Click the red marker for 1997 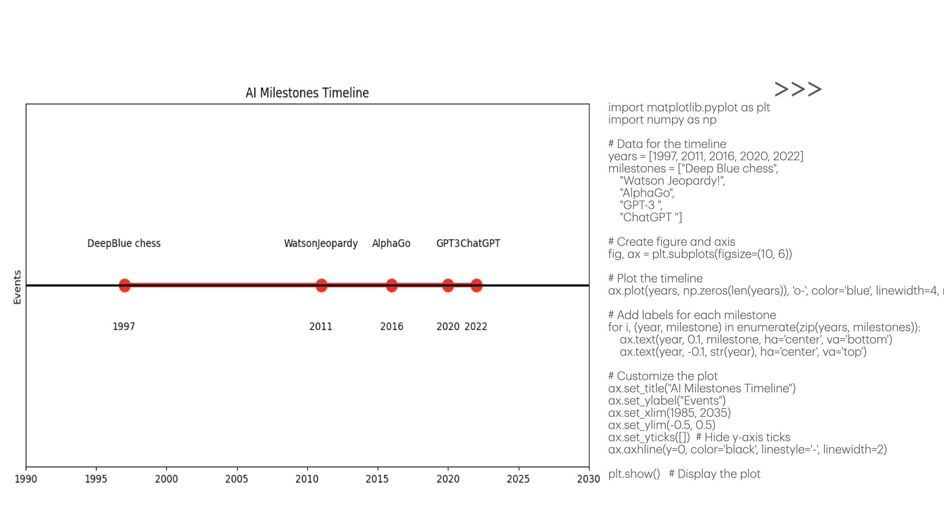[124, 285]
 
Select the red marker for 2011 [321, 285]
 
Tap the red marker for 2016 [391, 285]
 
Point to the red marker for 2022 [476, 285]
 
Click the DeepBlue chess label [124, 243]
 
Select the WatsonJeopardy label [321, 243]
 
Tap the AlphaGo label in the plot [391, 243]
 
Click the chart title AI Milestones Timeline [307, 93]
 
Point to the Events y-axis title [17, 287]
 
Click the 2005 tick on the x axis [236, 479]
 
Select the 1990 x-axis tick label [26, 479]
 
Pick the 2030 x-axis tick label [589, 479]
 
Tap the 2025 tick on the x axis [518, 479]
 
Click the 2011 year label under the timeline [321, 326]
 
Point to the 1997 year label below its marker [123, 326]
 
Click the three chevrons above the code [798, 89]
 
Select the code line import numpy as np [662, 120]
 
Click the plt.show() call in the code [634, 474]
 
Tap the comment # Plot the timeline [655, 278]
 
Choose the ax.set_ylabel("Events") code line [667, 401]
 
